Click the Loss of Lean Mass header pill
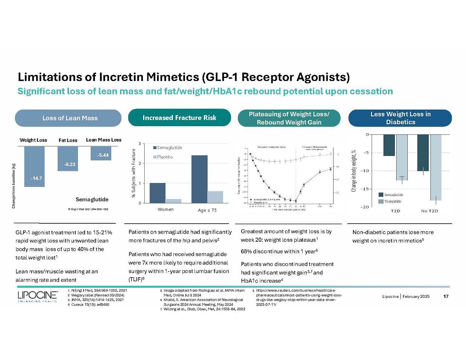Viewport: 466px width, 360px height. [68, 118]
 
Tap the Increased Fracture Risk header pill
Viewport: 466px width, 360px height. [179, 118]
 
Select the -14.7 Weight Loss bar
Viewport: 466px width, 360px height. [34, 166]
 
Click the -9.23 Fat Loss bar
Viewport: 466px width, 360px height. [68, 159]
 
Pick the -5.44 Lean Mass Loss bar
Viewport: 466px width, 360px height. [101, 153]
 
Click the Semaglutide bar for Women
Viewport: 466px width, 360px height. [157, 193]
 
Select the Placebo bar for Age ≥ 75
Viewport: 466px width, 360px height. [215, 197]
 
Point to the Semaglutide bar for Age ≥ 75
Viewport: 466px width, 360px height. [199, 179]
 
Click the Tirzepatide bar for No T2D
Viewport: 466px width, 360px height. [435, 167]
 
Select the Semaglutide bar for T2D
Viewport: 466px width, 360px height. [389, 145]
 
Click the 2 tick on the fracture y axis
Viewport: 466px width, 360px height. [140, 163]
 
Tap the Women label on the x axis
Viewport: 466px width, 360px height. [165, 209]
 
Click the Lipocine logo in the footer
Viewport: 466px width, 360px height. [37, 296]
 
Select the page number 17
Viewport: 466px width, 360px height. [446, 296]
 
